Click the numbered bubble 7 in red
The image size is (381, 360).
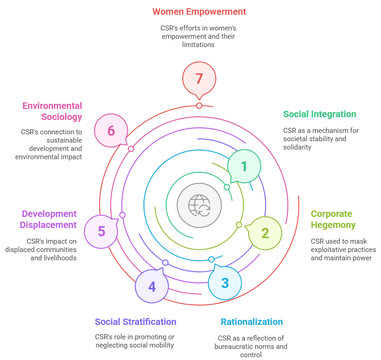pos(199,78)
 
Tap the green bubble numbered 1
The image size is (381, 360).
pos(244,166)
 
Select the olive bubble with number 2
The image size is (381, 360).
pos(265,233)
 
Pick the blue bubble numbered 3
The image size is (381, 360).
pos(225,282)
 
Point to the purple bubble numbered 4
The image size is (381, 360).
pos(152,286)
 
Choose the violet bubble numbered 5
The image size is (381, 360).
pos(101,231)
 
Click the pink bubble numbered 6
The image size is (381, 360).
pos(111,131)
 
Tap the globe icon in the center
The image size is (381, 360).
pos(199,205)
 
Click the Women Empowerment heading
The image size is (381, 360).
pos(199,12)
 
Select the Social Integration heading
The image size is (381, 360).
pos(320,114)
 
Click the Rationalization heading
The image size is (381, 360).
pos(252,322)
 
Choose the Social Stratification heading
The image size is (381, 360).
pos(136,322)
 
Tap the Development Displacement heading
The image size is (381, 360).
pos(49,219)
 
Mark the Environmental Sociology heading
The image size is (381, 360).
pos(53,111)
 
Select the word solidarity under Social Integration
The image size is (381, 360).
pos(298,147)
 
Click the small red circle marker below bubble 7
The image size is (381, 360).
pos(199,106)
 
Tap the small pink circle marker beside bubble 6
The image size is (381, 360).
pos(131,149)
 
